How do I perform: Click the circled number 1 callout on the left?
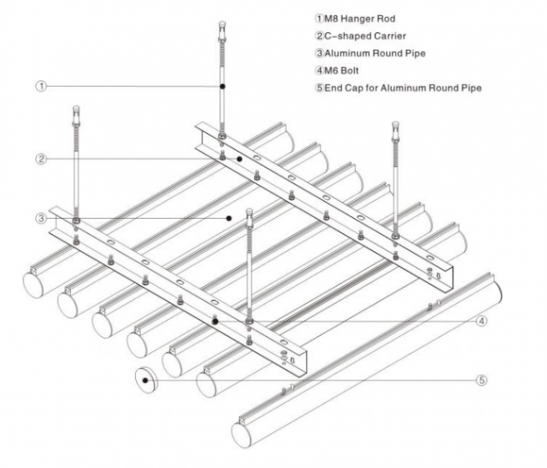pyautogui.click(x=39, y=85)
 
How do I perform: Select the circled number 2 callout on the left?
pyautogui.click(x=39, y=159)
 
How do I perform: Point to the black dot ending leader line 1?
pyautogui.click(x=223, y=85)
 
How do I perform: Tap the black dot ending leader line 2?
pyautogui.click(x=239, y=159)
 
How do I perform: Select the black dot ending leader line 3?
pyautogui.click(x=229, y=217)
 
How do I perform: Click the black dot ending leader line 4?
pyautogui.click(x=215, y=320)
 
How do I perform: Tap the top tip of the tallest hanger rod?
pyautogui.click(x=222, y=24)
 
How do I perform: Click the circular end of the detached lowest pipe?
pyautogui.click(x=244, y=435)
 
